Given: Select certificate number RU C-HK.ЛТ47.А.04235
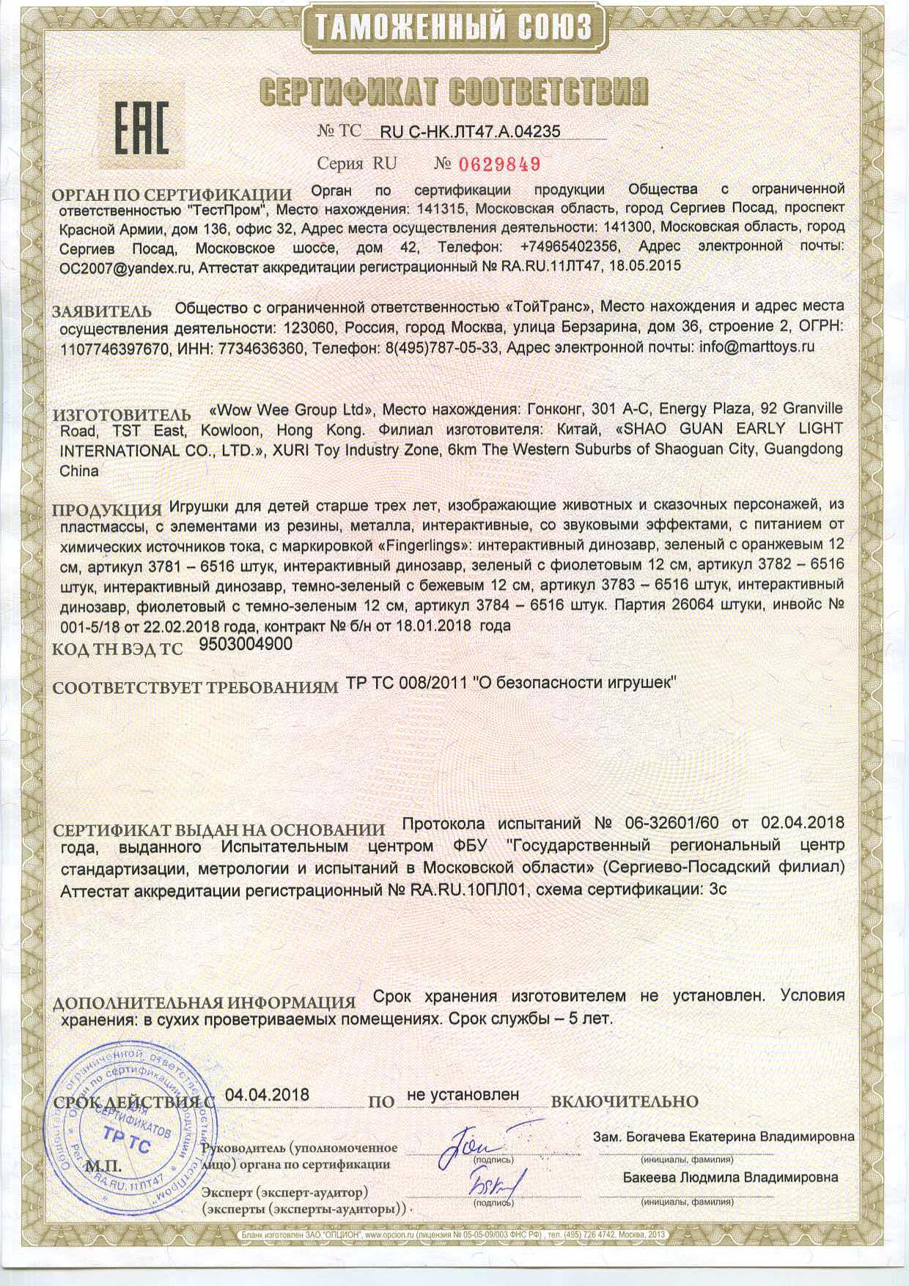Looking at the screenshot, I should click(x=470, y=131).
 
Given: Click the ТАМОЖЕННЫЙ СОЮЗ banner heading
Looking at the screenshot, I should click(x=454, y=28).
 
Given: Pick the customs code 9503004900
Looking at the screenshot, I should click(x=246, y=644).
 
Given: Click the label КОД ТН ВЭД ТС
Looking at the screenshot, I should click(x=118, y=649).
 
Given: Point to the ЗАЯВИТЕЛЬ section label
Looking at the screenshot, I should click(x=102, y=311).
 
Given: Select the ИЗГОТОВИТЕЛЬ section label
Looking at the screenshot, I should click(x=122, y=415).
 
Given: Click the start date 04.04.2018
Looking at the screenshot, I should click(x=267, y=1095).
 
